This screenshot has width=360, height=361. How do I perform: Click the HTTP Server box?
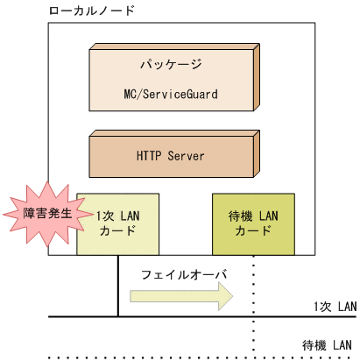click(170, 156)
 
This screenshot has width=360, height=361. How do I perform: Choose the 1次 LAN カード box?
click(118, 223)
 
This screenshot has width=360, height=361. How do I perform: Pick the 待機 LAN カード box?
click(254, 223)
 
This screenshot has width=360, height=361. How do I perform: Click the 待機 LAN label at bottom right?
click(328, 344)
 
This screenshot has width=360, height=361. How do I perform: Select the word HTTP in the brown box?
click(149, 156)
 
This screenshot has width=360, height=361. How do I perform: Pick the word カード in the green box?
click(254, 231)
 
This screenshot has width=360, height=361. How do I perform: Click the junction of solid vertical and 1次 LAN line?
click(118, 316)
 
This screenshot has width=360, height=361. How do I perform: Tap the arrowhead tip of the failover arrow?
click(234, 298)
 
